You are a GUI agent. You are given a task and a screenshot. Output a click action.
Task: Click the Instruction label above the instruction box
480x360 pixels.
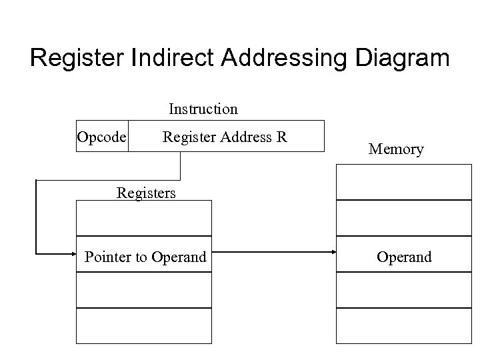tap(203, 108)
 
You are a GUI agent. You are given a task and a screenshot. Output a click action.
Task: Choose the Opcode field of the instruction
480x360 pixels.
tap(101, 137)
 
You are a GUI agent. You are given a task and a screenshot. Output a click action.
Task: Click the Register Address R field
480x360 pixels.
tap(225, 137)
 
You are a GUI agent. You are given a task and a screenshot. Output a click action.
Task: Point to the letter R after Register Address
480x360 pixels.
tap(282, 137)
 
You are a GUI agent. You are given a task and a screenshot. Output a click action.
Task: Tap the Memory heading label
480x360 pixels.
tap(396, 149)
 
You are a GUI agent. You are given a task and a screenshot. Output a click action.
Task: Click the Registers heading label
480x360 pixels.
tap(146, 193)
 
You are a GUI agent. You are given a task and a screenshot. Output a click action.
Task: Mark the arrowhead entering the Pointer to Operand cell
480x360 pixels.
tap(73, 253)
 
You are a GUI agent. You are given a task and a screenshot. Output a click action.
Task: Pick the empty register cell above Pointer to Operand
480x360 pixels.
tap(145, 218)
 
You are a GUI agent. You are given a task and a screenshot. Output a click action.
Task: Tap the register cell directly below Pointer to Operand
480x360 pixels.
tap(145, 290)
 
